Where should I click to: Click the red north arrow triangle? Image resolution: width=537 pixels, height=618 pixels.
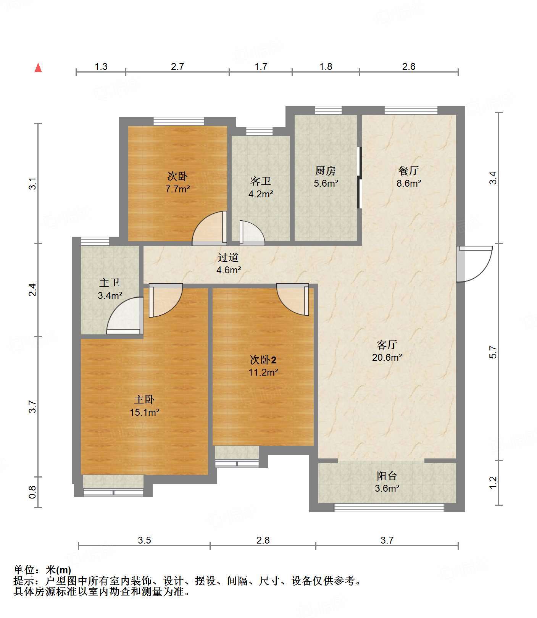38,68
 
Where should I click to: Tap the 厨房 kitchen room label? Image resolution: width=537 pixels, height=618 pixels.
326,170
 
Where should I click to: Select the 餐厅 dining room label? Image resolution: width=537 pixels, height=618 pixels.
409,170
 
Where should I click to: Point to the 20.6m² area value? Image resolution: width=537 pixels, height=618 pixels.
387,358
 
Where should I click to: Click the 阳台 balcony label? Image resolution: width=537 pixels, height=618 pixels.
387,476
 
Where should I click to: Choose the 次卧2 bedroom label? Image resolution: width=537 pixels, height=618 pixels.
263,360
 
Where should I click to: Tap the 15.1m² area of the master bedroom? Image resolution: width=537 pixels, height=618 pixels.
144,412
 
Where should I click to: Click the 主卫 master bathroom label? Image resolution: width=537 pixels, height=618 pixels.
110,283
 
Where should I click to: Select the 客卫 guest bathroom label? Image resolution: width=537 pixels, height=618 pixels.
261,181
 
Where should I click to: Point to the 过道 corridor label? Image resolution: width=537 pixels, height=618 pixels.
228,258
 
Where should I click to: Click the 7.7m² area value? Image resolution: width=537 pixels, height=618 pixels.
177,189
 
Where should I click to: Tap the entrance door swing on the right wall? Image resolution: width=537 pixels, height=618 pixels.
474,264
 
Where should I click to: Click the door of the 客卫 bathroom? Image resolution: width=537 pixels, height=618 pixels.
252,232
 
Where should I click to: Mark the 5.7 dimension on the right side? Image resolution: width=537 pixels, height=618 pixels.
493,352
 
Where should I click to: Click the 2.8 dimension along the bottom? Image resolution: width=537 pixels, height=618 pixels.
263,540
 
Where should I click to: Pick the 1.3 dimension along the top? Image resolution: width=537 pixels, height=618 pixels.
101,67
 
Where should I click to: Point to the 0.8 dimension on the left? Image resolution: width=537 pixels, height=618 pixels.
33,492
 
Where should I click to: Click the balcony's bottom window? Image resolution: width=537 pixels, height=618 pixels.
389,508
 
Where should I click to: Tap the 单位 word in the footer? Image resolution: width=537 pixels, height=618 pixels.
24,570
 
